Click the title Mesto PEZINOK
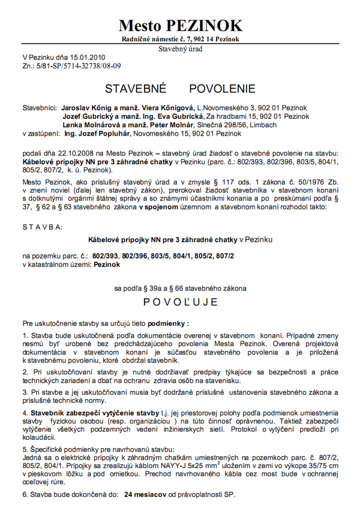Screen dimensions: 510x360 [181, 25]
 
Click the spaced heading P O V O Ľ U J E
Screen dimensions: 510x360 [180, 300]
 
